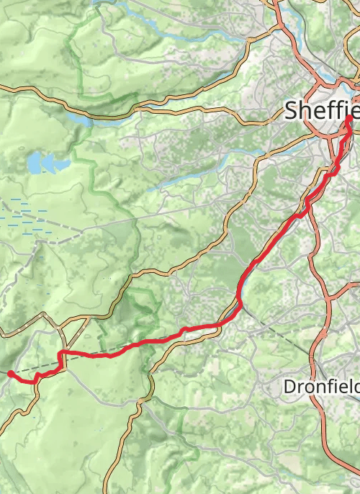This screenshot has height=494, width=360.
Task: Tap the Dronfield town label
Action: coord(321,387)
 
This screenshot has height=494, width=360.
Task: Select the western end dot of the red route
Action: coord(10,373)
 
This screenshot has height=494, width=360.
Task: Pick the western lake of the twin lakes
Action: coord(35,163)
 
